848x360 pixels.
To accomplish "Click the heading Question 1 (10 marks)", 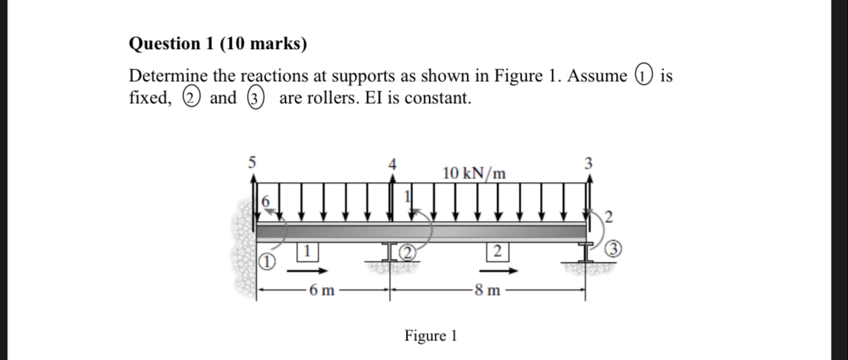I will click(218, 44).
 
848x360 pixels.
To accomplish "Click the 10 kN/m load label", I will click(474, 173).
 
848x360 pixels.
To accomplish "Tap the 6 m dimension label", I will click(322, 290).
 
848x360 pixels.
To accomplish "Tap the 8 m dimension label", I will click(488, 290).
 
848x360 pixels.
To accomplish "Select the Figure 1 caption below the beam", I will click(430, 336).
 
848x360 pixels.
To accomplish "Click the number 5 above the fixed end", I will click(252, 162).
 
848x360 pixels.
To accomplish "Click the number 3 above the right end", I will click(588, 163).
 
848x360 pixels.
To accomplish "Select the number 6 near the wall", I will click(265, 201).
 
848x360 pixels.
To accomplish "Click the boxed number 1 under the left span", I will click(307, 252).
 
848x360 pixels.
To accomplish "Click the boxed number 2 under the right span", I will click(497, 252).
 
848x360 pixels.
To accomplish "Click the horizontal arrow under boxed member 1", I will click(308, 271).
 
